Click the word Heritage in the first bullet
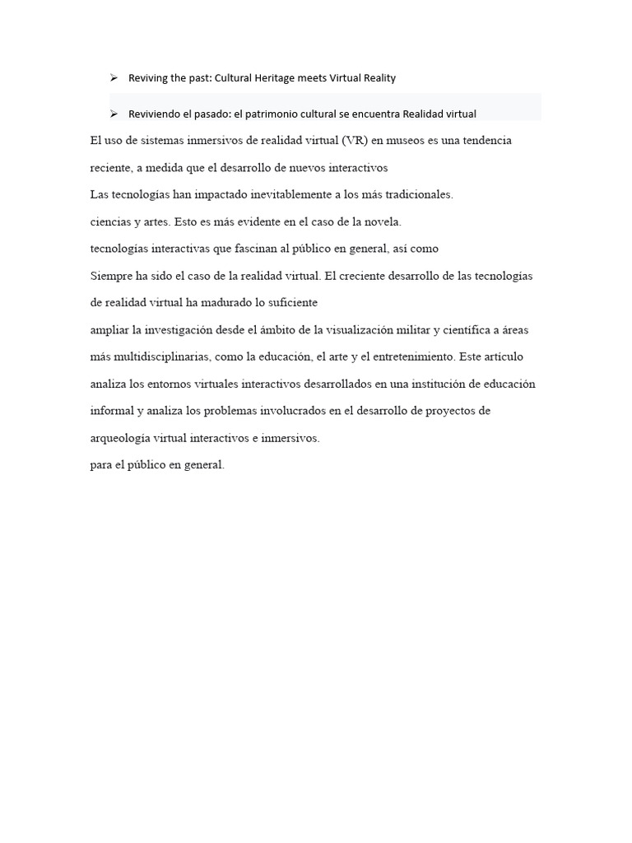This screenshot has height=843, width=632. tap(305, 78)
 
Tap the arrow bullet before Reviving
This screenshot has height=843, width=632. tap(114, 77)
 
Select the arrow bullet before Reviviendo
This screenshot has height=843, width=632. tap(114, 114)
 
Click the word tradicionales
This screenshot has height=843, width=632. tap(417, 195)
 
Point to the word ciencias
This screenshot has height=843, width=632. tap(109, 221)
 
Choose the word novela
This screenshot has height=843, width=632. tap(382, 221)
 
